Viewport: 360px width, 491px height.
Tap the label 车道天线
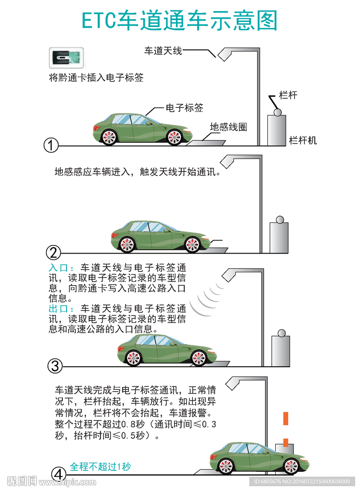163,50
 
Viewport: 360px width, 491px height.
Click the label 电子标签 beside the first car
185,108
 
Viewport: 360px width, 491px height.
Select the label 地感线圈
228,127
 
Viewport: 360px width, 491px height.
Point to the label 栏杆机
302,140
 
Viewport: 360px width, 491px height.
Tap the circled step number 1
51,145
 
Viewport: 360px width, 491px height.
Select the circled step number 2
53,253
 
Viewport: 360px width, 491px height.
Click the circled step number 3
55,366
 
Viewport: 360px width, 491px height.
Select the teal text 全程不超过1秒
100,466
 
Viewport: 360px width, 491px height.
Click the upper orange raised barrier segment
286,418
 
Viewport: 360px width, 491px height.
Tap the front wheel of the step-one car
174,137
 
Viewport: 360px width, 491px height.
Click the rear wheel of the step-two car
128,245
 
